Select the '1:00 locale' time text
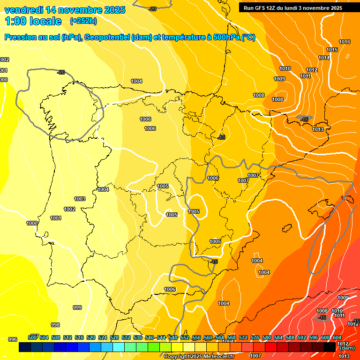coord(33,21)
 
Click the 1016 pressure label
coord(345,42)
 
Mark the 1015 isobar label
coord(332,50)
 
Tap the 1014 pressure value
coord(324,58)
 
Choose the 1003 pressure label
coord(80,199)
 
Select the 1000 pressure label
coord(32,224)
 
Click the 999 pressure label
coord(77,308)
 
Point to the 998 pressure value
coord(55,325)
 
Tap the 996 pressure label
coord(13,339)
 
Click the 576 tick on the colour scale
coord(255,337)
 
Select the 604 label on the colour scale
coord(337,337)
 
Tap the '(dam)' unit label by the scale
coord(347,348)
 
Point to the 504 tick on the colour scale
coord(44,337)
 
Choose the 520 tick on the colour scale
coord(91,337)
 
